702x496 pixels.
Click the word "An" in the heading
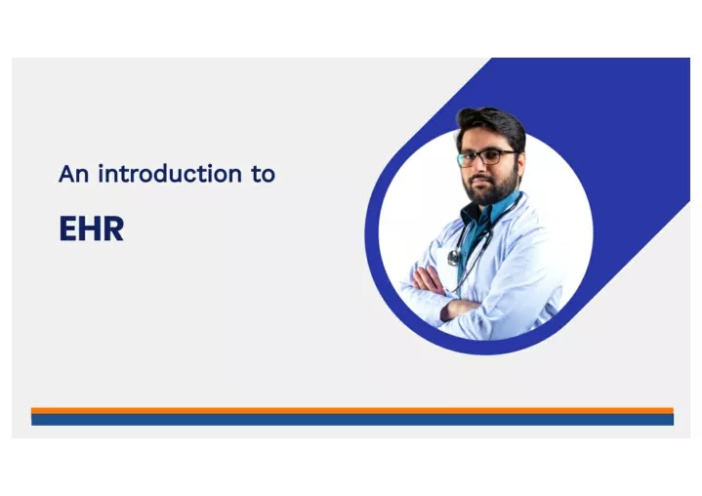73,174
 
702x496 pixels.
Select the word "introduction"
170,174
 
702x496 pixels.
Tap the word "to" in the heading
264,174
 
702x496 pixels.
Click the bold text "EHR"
92,228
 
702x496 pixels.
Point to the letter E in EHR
67,228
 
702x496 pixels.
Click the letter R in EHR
113,228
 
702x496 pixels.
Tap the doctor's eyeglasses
486,157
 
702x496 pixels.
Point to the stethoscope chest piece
454,257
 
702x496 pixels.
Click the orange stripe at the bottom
351,410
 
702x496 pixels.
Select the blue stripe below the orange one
351,420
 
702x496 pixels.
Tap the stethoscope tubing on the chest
475,251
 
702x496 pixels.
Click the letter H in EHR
90,228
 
